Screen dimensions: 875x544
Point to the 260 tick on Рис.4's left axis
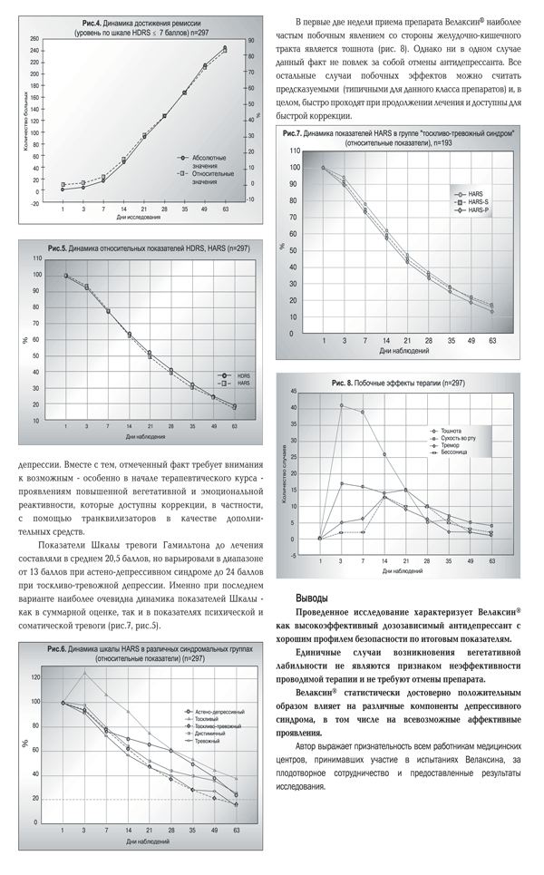click(x=34, y=39)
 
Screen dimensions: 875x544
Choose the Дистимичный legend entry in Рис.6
click(x=206, y=734)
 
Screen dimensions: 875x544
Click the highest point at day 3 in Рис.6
click(x=84, y=673)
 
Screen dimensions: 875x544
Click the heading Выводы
click(x=314, y=599)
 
